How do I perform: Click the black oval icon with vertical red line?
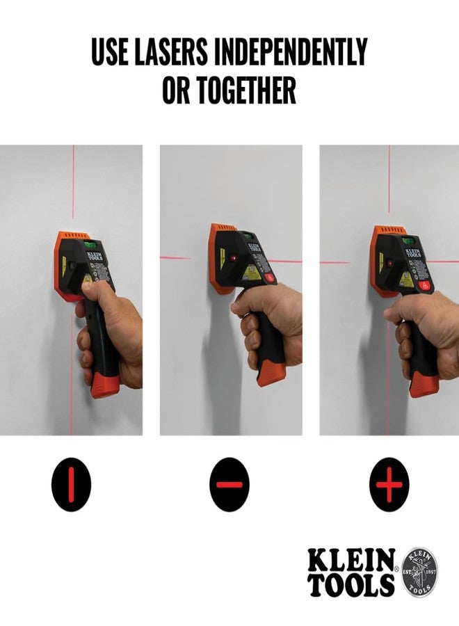(71, 484)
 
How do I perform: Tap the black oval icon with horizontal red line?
(229, 484)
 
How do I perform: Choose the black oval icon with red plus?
(389, 484)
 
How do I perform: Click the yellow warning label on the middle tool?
(252, 273)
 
